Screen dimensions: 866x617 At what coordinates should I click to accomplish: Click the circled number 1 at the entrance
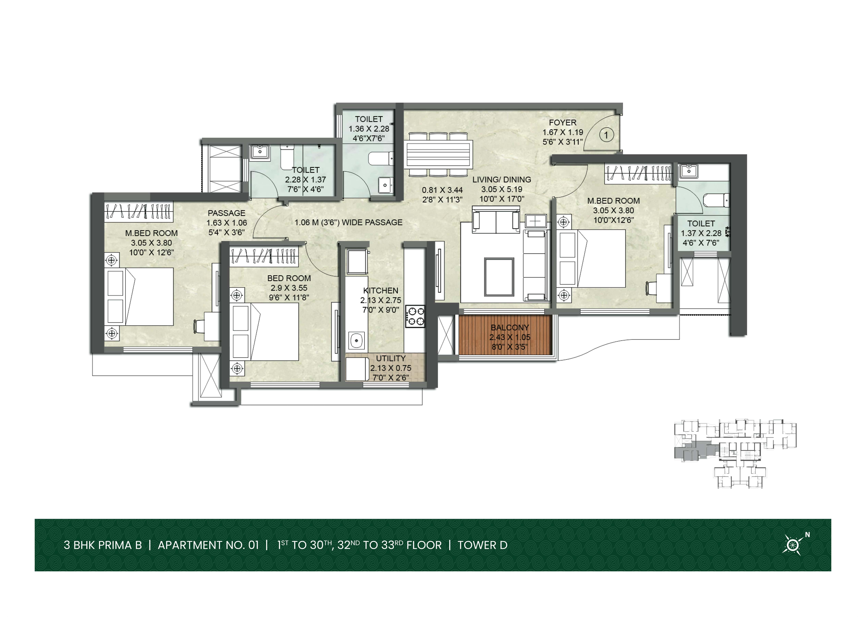click(x=606, y=135)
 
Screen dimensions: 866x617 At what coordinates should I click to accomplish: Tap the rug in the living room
click(x=499, y=277)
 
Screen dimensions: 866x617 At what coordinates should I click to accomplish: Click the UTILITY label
click(x=391, y=358)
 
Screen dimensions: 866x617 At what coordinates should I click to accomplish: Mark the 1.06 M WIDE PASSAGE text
click(x=348, y=222)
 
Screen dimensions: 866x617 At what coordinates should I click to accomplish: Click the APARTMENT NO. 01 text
click(x=208, y=545)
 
